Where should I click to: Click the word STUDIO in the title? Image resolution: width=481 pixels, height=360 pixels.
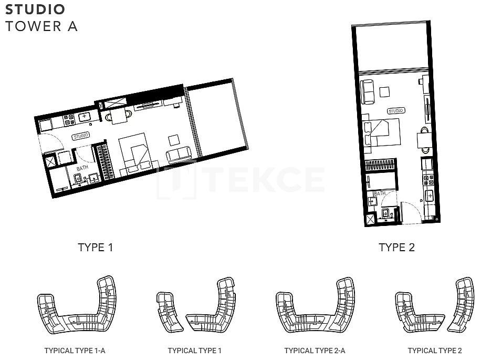[35, 9]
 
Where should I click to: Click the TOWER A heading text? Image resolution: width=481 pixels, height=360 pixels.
[41, 26]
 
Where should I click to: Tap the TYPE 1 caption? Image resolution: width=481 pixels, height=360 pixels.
[96, 248]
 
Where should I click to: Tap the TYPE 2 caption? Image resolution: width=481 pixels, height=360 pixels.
[396, 248]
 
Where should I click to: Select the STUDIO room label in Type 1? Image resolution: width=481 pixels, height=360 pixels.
[81, 136]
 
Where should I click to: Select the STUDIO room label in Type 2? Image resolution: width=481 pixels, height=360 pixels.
[395, 111]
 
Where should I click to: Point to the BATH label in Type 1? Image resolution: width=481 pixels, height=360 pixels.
[82, 168]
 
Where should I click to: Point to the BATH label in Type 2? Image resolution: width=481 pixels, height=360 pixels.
[379, 193]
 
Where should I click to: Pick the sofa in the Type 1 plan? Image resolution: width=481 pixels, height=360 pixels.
[179, 155]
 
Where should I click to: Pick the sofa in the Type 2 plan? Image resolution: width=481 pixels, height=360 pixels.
[367, 91]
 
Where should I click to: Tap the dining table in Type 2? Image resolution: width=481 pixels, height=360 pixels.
[425, 140]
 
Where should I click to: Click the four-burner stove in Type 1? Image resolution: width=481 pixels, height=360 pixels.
[69, 120]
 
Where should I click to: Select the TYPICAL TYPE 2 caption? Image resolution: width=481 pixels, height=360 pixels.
[435, 351]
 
